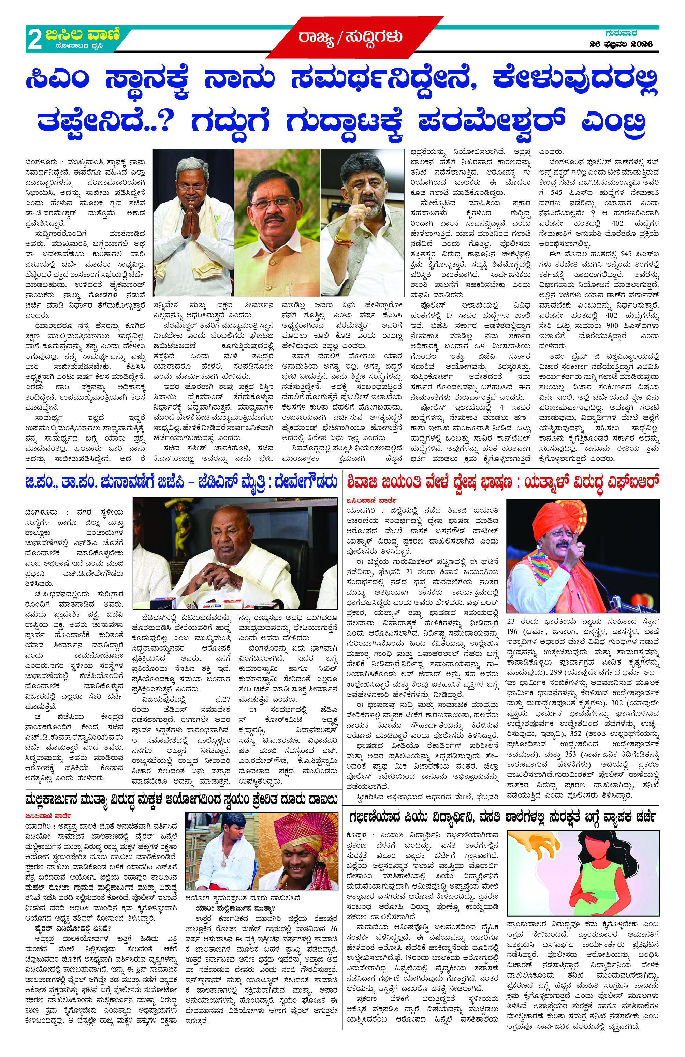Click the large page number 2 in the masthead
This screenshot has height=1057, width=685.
coord(35,40)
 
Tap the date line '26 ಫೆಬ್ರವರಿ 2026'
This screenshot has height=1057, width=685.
coord(621,44)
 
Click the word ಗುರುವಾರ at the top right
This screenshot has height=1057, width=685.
coord(621,33)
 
